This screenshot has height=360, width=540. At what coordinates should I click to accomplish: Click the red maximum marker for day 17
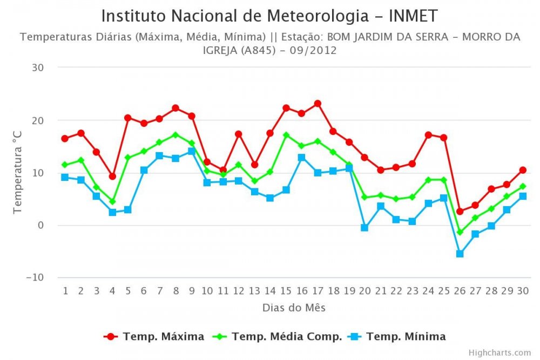point(318,104)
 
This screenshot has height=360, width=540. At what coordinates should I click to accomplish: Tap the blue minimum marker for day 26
point(460,254)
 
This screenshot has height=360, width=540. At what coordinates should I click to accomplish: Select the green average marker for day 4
point(112,201)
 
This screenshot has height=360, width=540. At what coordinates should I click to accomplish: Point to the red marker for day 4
point(112,176)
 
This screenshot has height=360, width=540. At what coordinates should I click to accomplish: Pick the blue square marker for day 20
point(364,228)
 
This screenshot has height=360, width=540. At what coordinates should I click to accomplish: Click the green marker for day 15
point(286,135)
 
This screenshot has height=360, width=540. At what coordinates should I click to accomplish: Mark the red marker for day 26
point(460,212)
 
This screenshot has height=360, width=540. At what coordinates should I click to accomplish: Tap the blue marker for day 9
point(191,152)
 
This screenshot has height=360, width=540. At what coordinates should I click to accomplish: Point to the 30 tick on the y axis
point(38,67)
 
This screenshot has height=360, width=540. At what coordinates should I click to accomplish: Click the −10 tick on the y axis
point(35,277)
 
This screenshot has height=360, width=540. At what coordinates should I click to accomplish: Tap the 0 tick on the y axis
point(40,225)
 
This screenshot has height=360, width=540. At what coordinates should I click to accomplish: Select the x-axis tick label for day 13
point(254,291)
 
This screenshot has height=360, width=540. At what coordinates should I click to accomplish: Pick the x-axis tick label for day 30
point(523,291)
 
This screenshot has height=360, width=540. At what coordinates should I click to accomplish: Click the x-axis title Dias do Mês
point(294,308)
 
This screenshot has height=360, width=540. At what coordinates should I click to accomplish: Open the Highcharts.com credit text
point(500,352)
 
